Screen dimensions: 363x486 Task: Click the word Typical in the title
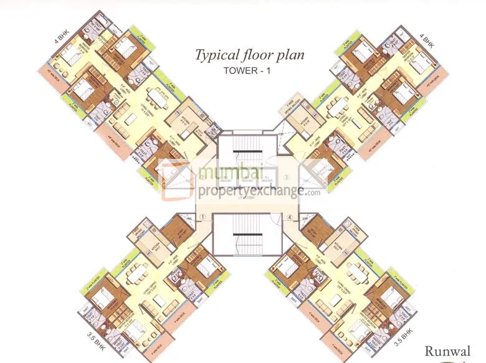pyautogui.click(x=214, y=55)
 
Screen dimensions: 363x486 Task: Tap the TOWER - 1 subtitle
pyautogui.click(x=249, y=70)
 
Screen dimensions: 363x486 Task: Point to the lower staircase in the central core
pyautogui.click(x=243, y=240)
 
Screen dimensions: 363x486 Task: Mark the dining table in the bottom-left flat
pyautogui.click(x=133, y=272)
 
